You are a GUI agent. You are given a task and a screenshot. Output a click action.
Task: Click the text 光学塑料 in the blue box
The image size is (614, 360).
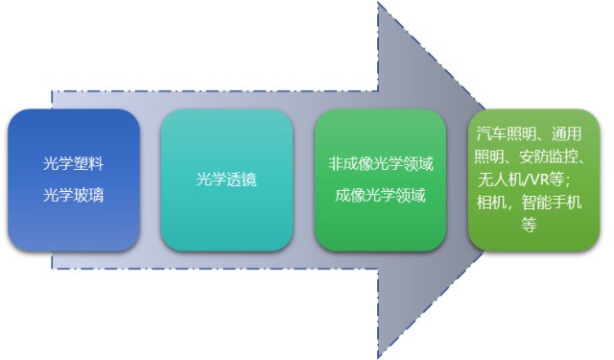pyautogui.click(x=73, y=163)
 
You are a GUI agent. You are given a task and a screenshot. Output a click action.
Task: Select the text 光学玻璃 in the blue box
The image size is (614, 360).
pyautogui.click(x=73, y=195)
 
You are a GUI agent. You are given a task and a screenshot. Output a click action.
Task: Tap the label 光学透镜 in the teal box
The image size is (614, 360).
pyautogui.click(x=226, y=179)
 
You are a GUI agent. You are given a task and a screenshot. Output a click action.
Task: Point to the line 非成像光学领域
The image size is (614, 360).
pyautogui.click(x=381, y=163)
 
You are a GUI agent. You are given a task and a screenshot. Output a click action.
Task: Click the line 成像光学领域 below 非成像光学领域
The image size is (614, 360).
pyautogui.click(x=380, y=195)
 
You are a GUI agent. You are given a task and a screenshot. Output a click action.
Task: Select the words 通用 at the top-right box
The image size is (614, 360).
pyautogui.click(x=567, y=134)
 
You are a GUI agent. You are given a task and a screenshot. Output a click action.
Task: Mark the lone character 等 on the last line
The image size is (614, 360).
pyautogui.click(x=529, y=225)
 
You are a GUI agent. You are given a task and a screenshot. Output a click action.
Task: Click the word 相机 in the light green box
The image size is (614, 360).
pyautogui.click(x=491, y=203)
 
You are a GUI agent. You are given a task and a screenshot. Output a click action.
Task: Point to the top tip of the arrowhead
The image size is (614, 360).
pyautogui.click(x=378, y=2)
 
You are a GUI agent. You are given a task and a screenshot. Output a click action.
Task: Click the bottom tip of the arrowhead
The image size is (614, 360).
pyautogui.click(x=378, y=357)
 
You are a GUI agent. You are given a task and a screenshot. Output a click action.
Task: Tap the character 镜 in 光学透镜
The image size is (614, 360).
pyautogui.click(x=249, y=179)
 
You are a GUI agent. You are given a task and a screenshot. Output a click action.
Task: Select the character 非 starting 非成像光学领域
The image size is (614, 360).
pyautogui.click(x=335, y=163)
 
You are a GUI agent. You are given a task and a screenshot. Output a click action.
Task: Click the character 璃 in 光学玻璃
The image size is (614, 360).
pyautogui.click(x=96, y=195)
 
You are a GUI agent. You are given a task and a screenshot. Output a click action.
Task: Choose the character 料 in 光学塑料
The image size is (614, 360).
pyautogui.click(x=96, y=163)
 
